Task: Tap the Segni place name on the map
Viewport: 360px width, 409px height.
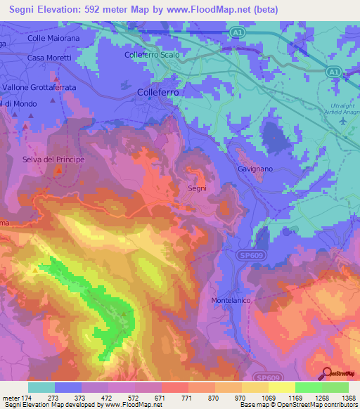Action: (197, 189)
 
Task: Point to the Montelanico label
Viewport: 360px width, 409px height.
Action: (233, 300)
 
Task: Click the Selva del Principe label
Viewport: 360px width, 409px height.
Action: (53, 160)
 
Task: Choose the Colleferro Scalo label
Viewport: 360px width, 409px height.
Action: (152, 54)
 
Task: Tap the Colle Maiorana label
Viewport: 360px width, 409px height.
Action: (50, 37)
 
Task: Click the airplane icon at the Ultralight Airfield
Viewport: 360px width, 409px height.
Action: (343, 120)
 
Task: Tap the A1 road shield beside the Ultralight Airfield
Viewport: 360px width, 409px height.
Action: (334, 71)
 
